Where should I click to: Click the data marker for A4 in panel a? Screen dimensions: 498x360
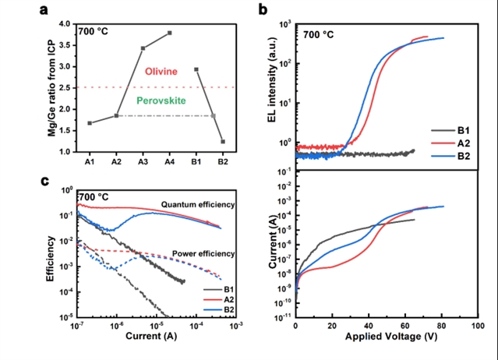tap(170, 33)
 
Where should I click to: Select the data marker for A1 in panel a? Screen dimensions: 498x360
tap(90, 123)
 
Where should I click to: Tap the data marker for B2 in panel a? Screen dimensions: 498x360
tap(223, 142)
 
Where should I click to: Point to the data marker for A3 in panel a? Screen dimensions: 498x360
tap(143, 48)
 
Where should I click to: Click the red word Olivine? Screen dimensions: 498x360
tap(161, 72)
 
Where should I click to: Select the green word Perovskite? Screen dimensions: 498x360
tap(161, 101)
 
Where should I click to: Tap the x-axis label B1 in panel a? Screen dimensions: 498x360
tap(196, 162)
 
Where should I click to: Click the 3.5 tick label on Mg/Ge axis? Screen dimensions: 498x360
tap(65, 45)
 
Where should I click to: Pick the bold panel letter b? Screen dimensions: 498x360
tap(263, 9)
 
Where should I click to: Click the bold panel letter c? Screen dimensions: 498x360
tap(44, 182)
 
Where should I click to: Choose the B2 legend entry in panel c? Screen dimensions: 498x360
tap(219, 309)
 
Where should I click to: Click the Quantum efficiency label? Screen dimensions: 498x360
tap(198, 205)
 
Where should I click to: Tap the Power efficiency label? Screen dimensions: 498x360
tap(203, 254)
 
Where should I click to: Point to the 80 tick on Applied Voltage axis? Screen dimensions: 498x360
tap(441, 326)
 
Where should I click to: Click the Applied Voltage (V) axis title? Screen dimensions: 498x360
tap(391, 337)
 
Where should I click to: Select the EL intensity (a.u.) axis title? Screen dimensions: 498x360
tap(272, 79)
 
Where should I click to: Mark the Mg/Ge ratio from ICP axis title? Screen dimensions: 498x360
tap(51, 88)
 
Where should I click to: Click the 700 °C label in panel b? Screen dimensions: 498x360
tap(318, 34)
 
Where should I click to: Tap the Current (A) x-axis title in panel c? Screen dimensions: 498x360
tap(151, 336)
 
